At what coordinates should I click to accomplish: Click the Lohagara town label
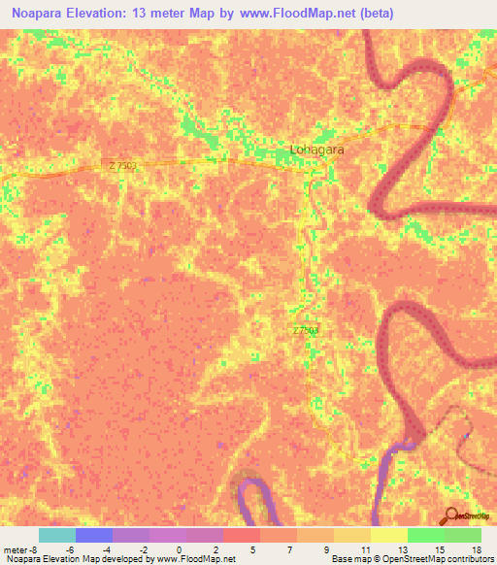pyautogui.click(x=317, y=150)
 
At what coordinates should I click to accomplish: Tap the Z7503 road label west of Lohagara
pyautogui.click(x=123, y=166)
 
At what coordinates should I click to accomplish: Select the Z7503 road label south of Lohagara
pyautogui.click(x=305, y=331)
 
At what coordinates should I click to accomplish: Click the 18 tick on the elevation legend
pyautogui.click(x=476, y=549)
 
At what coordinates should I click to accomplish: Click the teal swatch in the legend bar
pyautogui.click(x=57, y=535)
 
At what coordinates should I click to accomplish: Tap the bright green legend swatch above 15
pyautogui.click(x=425, y=535)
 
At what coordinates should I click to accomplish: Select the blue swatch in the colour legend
pyautogui.click(x=94, y=535)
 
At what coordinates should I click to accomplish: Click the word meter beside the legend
pyautogui.click(x=17, y=549)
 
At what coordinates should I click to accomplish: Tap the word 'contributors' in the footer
pyautogui.click(x=471, y=560)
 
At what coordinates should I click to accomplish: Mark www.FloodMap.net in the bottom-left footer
pyautogui.click(x=194, y=560)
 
